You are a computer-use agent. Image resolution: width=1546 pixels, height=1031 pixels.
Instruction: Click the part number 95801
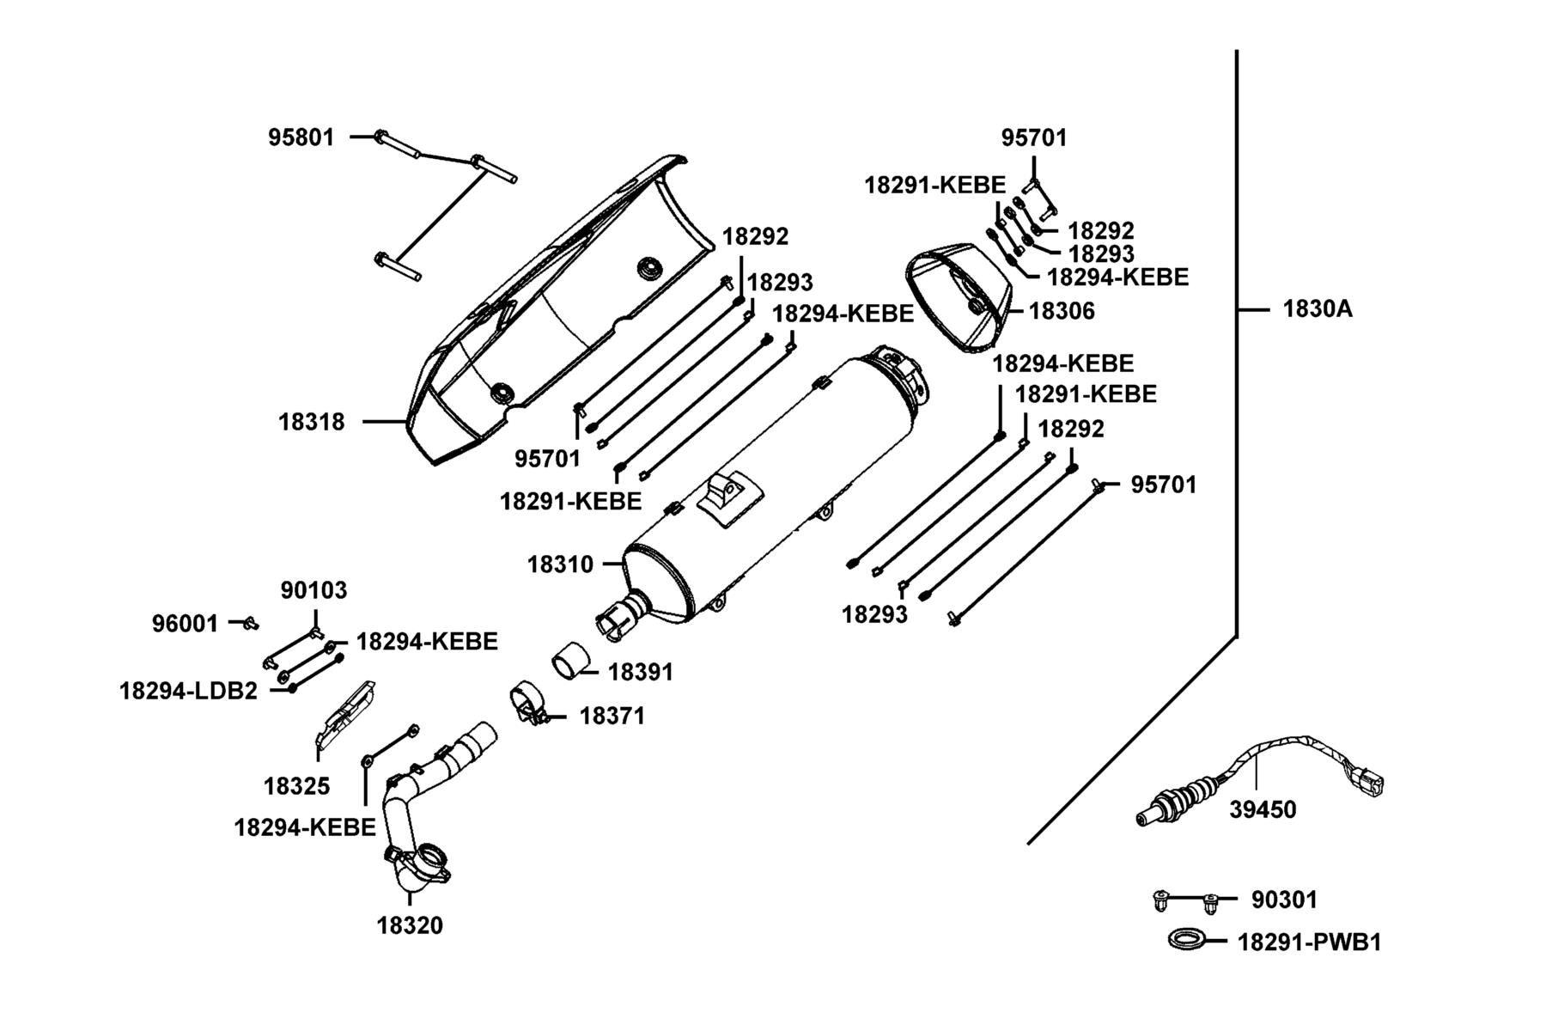301,137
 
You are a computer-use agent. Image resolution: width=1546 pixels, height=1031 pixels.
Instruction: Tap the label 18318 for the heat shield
311,422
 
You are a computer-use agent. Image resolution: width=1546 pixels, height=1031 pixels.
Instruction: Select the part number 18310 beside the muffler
560,564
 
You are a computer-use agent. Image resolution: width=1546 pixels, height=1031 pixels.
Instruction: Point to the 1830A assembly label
1318,308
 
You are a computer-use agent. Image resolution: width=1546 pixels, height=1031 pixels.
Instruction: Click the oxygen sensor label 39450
1263,809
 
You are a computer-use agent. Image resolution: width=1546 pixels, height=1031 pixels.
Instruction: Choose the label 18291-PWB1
1310,943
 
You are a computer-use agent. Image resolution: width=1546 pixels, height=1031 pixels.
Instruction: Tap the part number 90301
1284,900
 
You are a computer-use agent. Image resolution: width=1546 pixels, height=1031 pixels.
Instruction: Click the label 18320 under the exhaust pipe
410,925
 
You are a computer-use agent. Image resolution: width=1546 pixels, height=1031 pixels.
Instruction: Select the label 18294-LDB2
188,691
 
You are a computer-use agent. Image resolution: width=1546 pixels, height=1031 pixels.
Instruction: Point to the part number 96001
186,624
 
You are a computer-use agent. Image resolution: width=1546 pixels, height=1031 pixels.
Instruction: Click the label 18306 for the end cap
1062,311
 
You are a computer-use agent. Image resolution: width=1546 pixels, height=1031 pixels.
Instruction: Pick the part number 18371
612,716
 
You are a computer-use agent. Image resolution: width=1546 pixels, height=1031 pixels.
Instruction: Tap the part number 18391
641,672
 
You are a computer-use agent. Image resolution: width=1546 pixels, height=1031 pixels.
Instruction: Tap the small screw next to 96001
250,622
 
